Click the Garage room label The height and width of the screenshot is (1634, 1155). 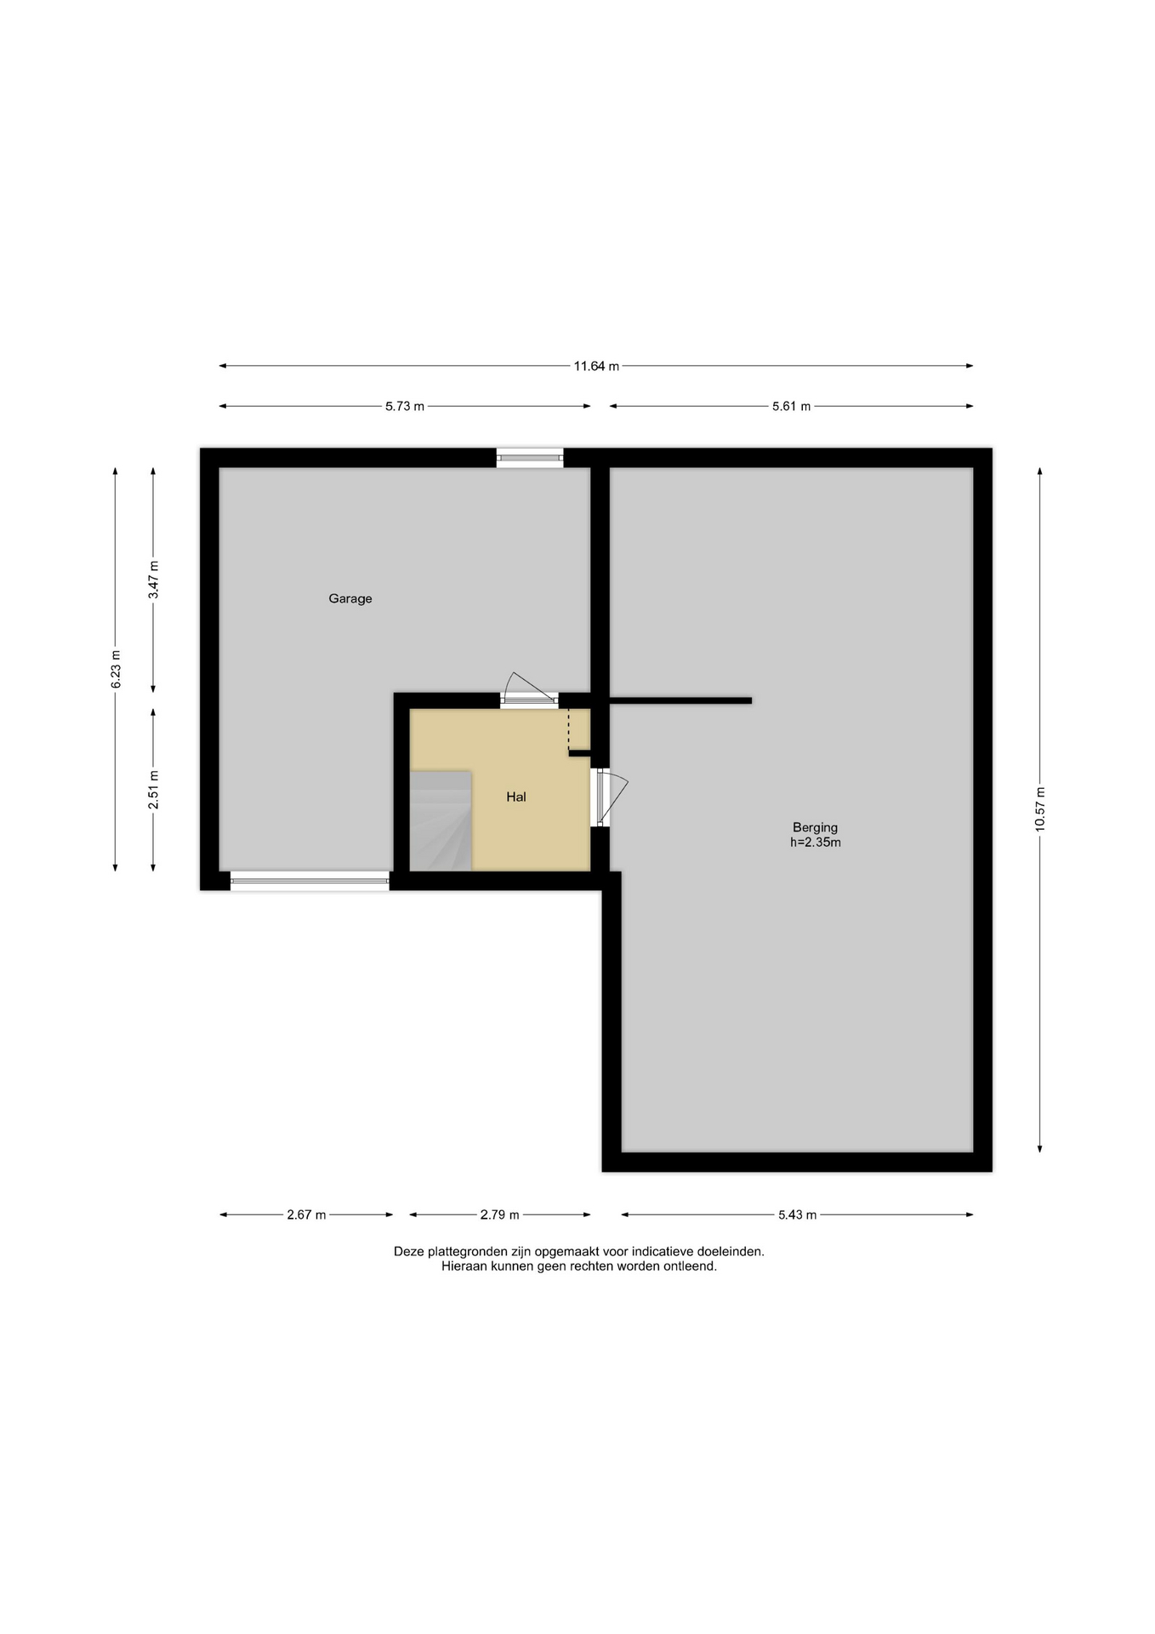pyautogui.click(x=350, y=599)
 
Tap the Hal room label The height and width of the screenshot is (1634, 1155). pyautogui.click(x=516, y=797)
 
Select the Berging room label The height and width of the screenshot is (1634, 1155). pyautogui.click(x=815, y=827)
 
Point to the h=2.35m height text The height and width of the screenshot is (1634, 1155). pyautogui.click(x=815, y=843)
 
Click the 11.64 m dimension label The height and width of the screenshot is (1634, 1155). pyautogui.click(x=596, y=367)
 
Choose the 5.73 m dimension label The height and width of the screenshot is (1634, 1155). pyautogui.click(x=405, y=407)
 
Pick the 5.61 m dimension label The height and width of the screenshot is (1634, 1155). pyautogui.click(x=791, y=407)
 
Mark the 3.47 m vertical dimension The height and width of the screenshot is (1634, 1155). pyautogui.click(x=154, y=580)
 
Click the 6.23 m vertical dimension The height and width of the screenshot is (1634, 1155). pyautogui.click(x=116, y=669)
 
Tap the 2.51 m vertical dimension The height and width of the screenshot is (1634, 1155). pyautogui.click(x=154, y=790)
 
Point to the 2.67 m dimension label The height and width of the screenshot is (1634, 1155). pyautogui.click(x=306, y=1215)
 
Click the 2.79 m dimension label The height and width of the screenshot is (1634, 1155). pyautogui.click(x=499, y=1215)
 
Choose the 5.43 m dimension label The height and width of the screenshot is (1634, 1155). pyautogui.click(x=797, y=1215)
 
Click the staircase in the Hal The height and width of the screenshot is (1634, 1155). pyautogui.click(x=441, y=821)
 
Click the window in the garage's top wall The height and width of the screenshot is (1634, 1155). pyautogui.click(x=530, y=458)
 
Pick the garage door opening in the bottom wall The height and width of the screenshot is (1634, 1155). pyautogui.click(x=310, y=881)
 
